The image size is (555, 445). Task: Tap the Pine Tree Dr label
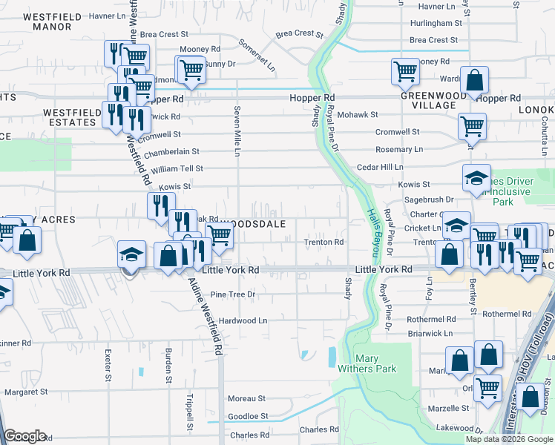coord(232,294)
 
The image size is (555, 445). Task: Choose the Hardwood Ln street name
coord(242,320)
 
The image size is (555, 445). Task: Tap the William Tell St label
coord(177,169)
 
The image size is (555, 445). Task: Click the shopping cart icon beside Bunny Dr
coord(191,69)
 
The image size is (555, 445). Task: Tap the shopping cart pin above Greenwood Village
coord(405,71)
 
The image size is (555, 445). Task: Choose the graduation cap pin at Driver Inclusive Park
coord(476,177)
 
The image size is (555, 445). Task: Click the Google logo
coord(25,436)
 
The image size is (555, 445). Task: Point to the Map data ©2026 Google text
coord(509,439)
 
